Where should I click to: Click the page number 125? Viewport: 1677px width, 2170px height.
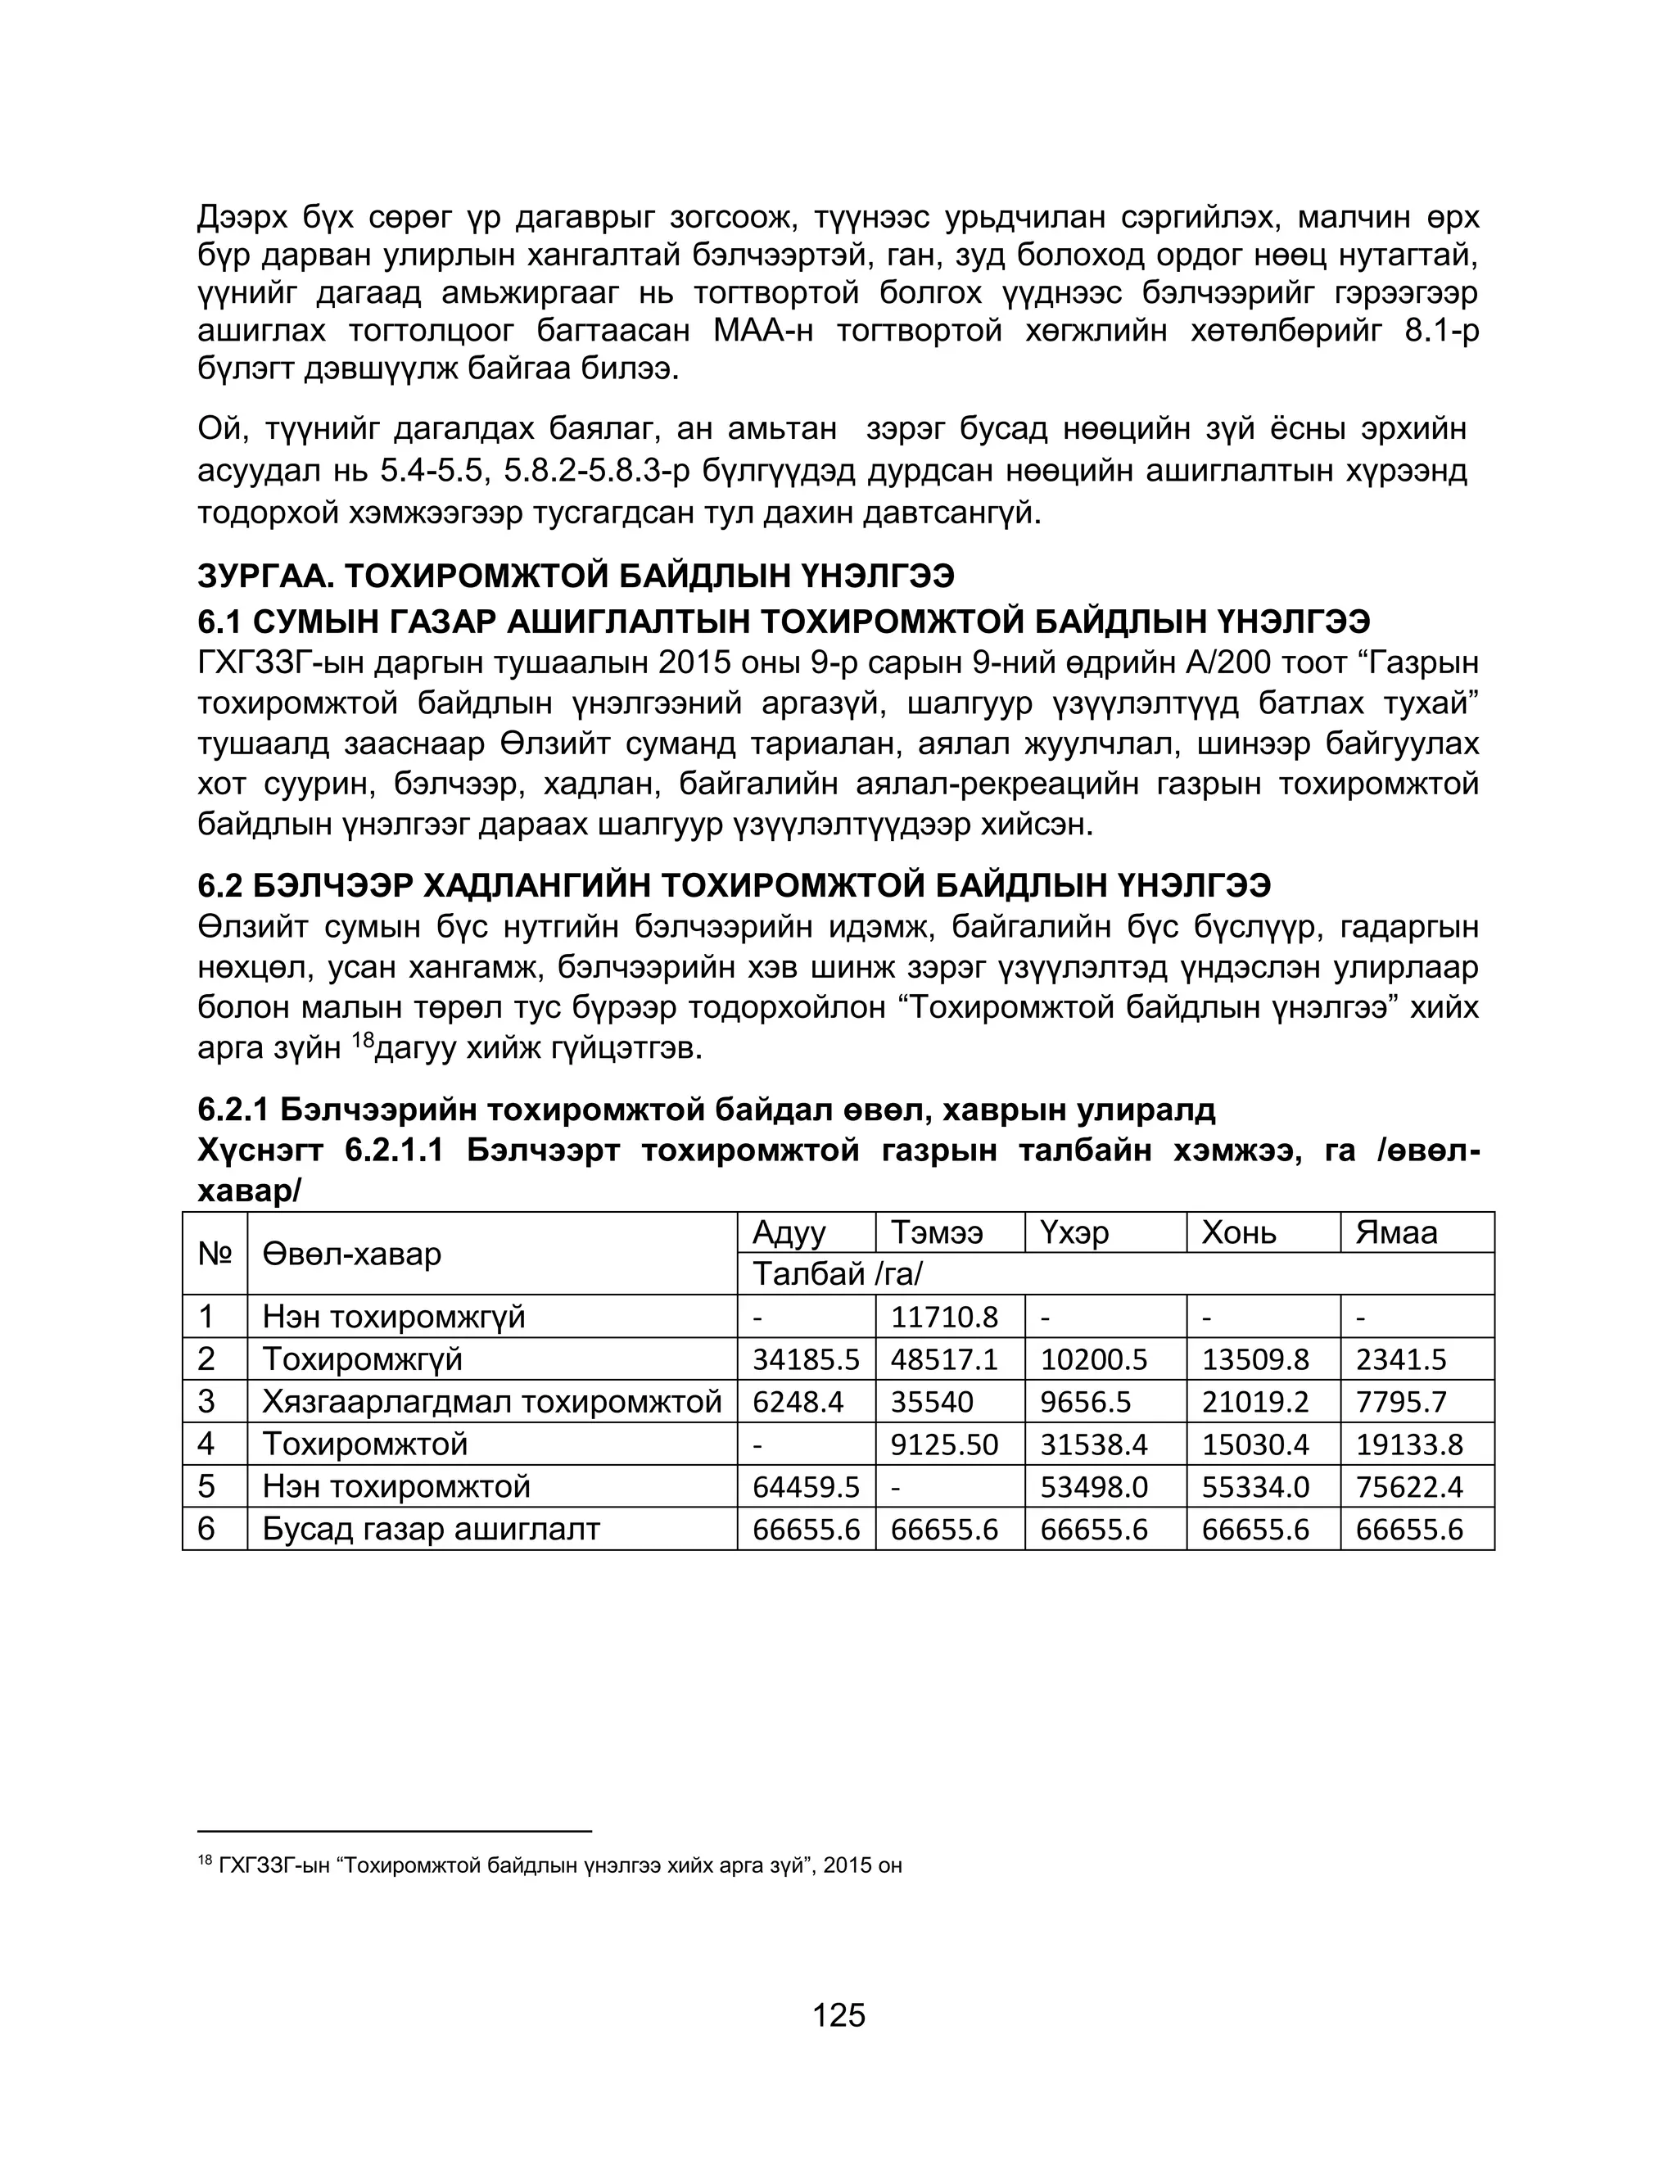coord(838,2015)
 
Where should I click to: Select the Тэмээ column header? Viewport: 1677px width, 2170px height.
coord(936,1233)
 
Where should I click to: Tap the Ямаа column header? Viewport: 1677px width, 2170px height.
coord(1396,1233)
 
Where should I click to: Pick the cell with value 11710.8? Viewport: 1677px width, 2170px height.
coord(944,1318)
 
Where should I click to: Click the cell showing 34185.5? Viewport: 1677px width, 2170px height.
coord(806,1360)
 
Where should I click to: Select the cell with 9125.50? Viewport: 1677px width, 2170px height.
coord(944,1444)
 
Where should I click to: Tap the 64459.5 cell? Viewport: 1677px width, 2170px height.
coord(806,1487)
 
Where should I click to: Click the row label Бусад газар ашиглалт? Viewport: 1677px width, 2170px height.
coord(432,1529)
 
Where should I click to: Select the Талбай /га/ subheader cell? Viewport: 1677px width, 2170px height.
coord(838,1275)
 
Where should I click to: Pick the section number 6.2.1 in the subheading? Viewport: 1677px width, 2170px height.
coord(233,1109)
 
